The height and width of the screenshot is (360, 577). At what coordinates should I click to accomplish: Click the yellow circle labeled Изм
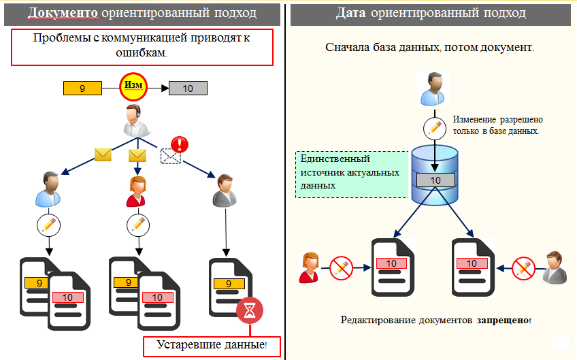pos(133,87)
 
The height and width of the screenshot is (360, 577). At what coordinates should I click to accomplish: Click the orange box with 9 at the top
pos(82,88)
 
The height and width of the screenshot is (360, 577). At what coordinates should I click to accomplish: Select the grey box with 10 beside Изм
pos(188,88)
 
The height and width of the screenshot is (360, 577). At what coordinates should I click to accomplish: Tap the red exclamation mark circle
pos(180,144)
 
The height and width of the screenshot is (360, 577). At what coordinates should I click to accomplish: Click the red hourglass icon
pos(250,310)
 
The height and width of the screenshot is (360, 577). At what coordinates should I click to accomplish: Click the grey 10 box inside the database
pos(435,180)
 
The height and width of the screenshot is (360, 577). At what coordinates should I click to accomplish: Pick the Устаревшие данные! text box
pos(212,345)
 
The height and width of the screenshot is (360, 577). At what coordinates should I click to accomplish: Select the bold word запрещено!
pos(504,319)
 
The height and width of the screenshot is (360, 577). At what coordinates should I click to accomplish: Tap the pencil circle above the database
pos(435,127)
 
